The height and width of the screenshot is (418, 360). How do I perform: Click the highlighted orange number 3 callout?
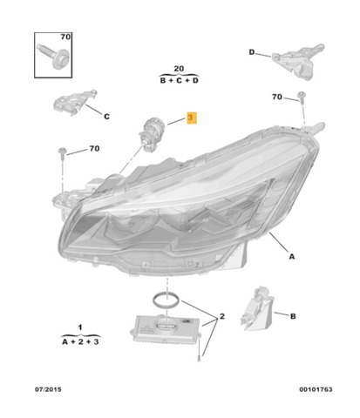click(192, 118)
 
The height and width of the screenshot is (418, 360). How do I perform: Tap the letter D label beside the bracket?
click(252, 52)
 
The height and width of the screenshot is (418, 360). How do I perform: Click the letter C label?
click(106, 117)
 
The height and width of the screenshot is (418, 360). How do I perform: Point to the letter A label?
click(292, 256)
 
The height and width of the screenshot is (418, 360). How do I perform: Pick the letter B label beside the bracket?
click(293, 316)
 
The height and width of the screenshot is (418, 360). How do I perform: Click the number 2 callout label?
click(222, 316)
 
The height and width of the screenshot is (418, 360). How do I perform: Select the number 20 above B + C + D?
click(179, 69)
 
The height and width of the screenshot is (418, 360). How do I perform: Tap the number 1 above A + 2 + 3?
click(80, 327)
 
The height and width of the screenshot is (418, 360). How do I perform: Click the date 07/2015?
click(48, 389)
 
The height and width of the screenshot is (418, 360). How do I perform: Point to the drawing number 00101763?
click(316, 389)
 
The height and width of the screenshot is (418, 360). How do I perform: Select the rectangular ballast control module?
click(166, 329)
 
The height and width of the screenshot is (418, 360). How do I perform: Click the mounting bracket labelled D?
click(298, 60)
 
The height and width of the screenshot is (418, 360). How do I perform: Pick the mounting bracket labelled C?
click(74, 102)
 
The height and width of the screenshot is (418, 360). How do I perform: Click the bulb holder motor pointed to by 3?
click(152, 134)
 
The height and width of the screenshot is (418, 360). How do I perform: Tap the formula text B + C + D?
click(179, 80)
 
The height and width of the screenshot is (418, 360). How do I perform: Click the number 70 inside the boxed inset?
click(65, 37)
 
